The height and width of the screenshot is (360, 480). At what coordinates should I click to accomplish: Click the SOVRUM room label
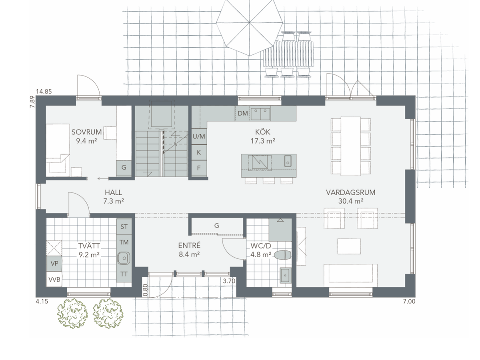86,132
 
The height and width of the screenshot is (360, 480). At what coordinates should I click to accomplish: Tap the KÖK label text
263,132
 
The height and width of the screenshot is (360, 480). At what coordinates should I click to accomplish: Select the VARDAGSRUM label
351,192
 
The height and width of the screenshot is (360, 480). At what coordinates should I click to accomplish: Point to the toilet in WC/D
283,255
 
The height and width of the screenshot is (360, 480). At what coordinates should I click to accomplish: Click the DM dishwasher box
242,113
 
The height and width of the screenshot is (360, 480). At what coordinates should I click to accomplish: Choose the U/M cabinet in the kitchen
199,136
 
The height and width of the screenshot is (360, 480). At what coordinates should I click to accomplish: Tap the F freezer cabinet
199,168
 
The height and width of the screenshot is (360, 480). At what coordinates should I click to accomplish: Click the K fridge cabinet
199,152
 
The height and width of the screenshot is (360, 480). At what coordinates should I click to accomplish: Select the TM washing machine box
124,242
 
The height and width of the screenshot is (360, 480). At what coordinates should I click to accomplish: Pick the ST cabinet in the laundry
124,227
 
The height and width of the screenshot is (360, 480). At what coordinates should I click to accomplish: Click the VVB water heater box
54,279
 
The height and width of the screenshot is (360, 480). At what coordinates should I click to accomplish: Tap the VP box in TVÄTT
54,264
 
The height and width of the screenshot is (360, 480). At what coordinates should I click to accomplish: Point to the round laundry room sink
124,258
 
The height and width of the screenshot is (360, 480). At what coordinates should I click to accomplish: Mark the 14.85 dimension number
44,91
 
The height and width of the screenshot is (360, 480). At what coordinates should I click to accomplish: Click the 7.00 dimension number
409,301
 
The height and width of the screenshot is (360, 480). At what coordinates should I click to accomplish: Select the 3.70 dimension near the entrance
229,281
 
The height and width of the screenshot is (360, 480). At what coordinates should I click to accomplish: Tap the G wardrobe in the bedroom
124,168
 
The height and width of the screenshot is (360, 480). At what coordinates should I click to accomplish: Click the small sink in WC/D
285,275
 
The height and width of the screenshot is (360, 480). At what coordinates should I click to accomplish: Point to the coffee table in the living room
349,246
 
